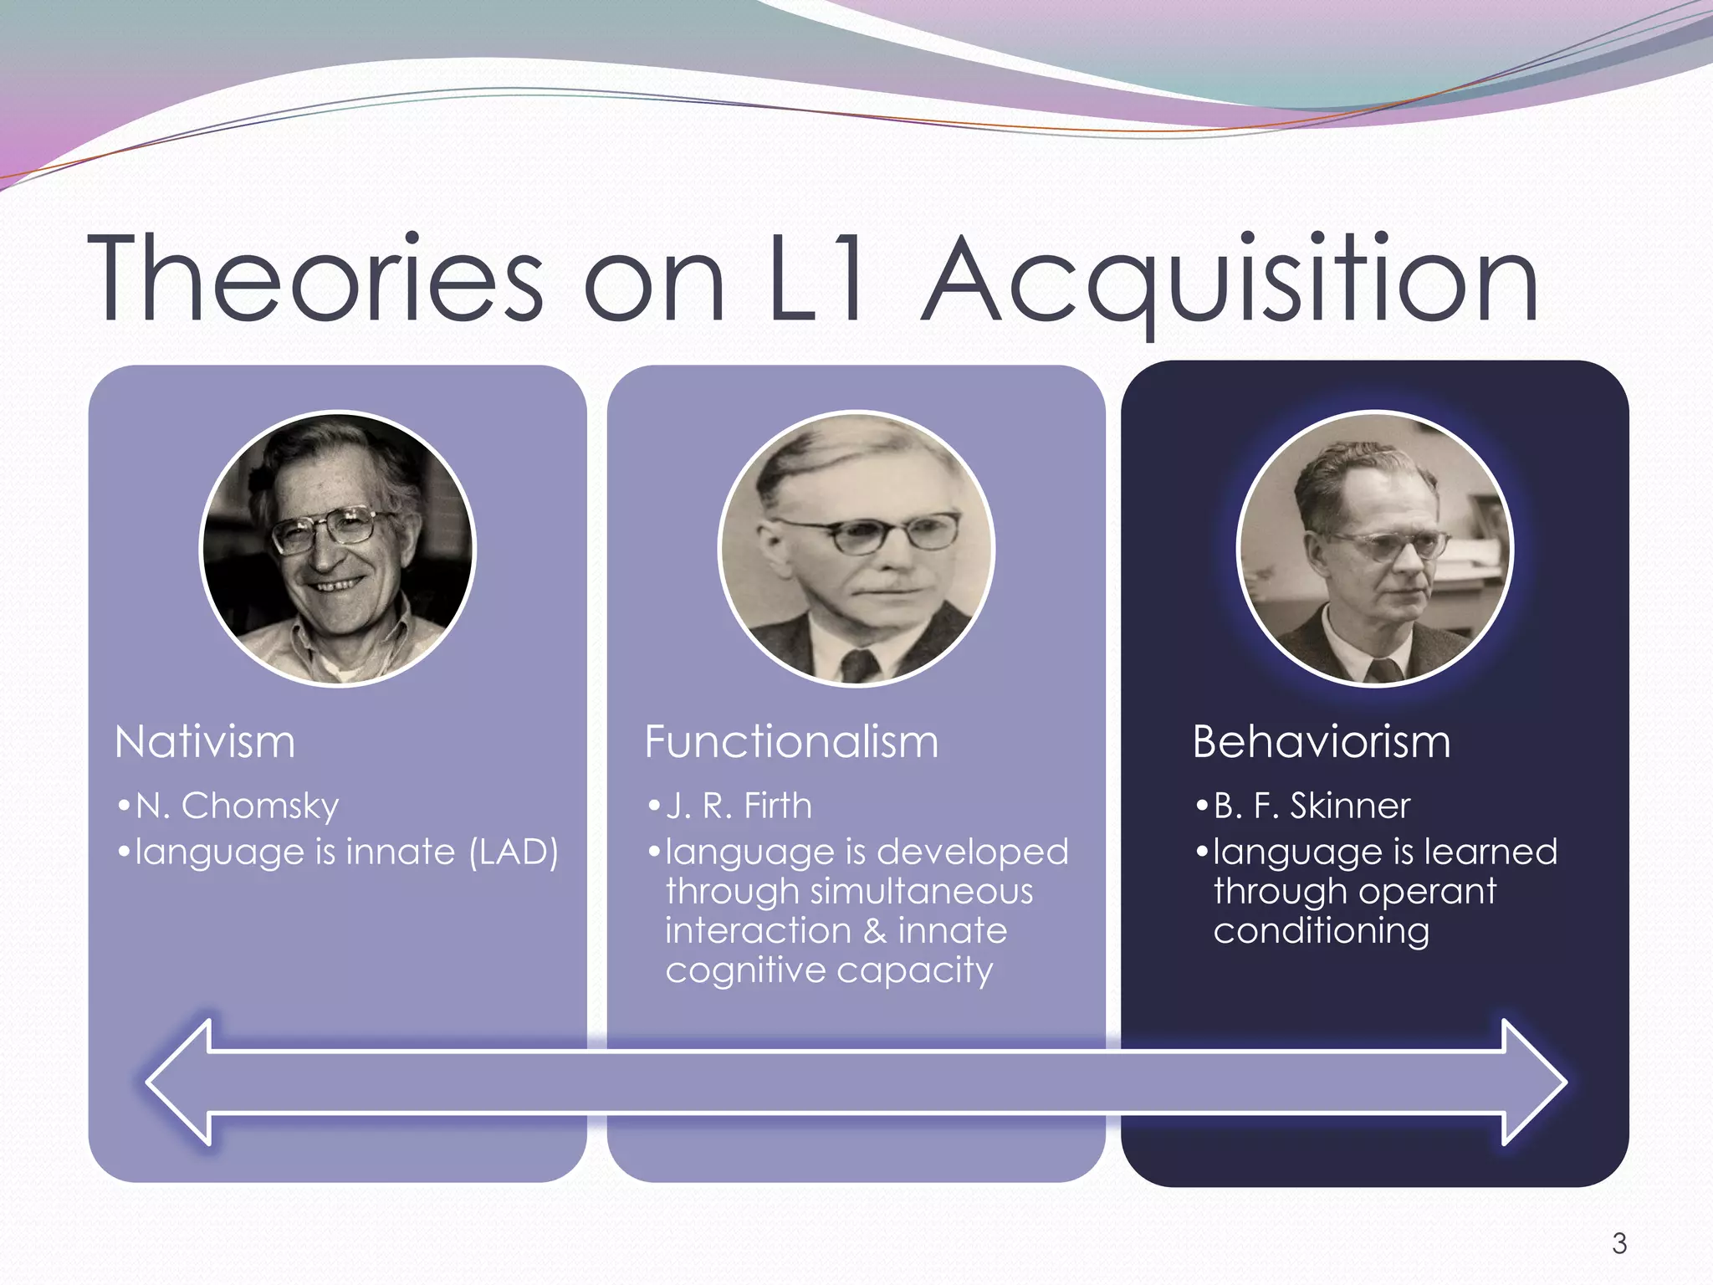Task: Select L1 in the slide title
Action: click(x=816, y=278)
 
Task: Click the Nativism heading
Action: click(x=205, y=742)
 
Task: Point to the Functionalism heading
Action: click(x=791, y=742)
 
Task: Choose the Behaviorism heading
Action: click(x=1322, y=742)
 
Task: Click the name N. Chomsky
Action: click(x=237, y=806)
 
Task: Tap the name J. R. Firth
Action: click(x=739, y=806)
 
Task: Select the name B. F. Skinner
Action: click(x=1312, y=806)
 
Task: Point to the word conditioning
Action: click(x=1322, y=931)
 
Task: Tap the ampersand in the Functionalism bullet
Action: click(x=875, y=931)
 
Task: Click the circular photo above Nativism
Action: click(x=338, y=548)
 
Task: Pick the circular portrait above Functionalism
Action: click(x=856, y=548)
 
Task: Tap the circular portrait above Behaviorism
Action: click(x=1374, y=548)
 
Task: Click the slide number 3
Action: click(x=1619, y=1244)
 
